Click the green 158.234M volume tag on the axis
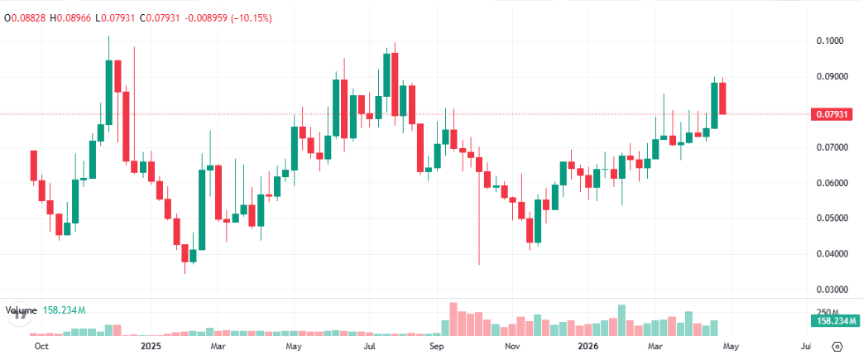(834, 320)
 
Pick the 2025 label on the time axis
(151, 346)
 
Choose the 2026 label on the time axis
(587, 346)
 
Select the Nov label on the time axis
(512, 346)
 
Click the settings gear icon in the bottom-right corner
(837, 346)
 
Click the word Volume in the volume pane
(22, 310)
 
